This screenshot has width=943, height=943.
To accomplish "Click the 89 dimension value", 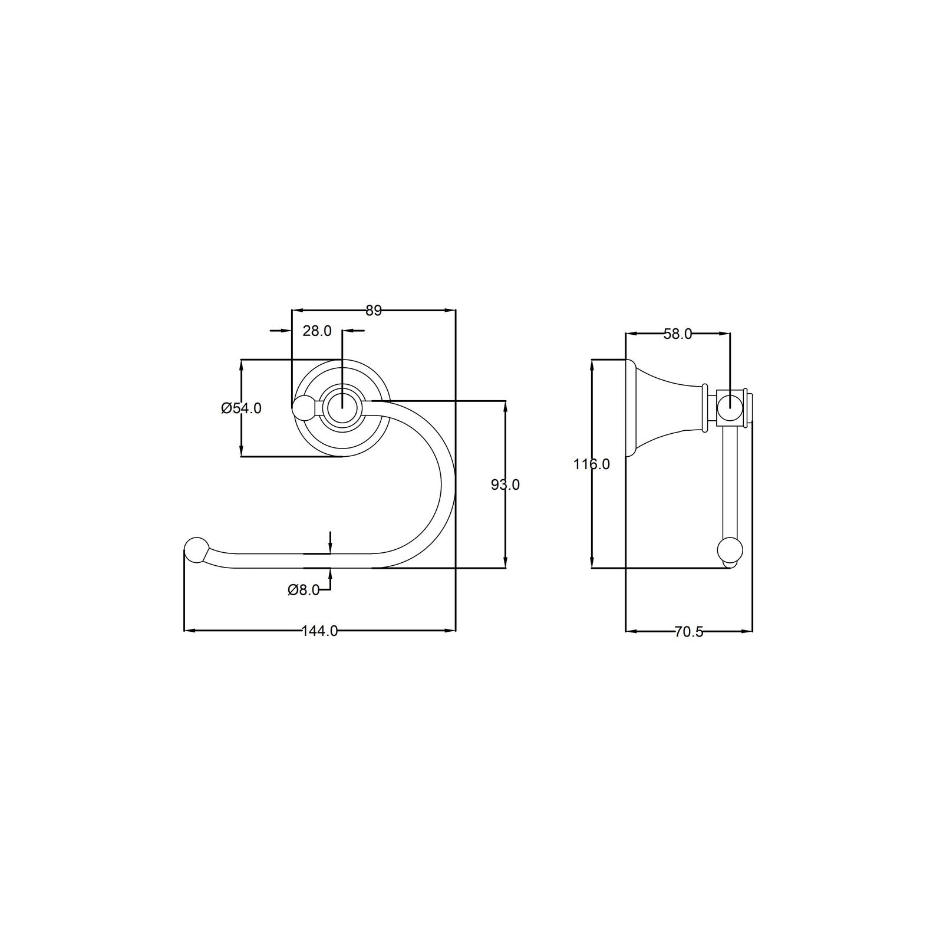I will (374, 311).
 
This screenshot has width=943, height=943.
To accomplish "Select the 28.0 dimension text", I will (317, 331).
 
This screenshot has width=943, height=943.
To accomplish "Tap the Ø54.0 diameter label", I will (241, 408).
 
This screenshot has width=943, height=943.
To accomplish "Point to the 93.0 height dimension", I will (505, 484).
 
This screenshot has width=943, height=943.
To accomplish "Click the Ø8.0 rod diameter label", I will (304, 589).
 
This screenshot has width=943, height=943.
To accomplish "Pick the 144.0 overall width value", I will (319, 631).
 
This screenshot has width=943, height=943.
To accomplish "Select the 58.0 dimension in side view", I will (678, 334).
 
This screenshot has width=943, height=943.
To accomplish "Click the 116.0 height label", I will (592, 464).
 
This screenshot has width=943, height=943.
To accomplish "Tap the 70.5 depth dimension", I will (688, 632).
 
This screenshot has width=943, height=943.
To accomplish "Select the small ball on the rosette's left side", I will (304, 407).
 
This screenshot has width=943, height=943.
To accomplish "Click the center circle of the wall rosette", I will (342, 407).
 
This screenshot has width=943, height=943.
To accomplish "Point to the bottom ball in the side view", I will (730, 551).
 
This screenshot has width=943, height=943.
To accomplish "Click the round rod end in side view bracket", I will (730, 407).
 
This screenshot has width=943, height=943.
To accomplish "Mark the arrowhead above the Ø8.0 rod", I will (331, 549).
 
